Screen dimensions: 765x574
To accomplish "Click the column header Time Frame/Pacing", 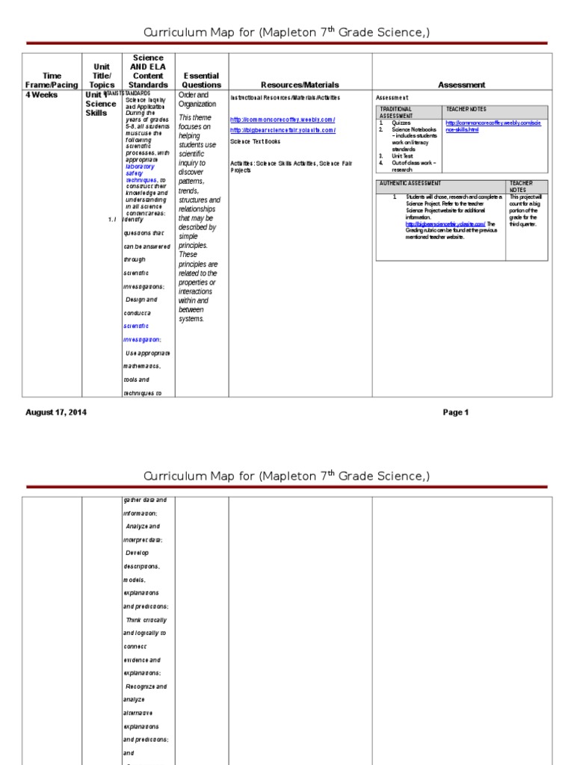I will click(x=52, y=80).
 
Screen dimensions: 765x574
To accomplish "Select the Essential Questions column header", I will click(x=202, y=80).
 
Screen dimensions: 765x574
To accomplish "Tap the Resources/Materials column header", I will click(x=300, y=85).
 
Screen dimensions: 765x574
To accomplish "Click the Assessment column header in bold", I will click(x=462, y=85).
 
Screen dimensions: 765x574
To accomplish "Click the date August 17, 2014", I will click(x=56, y=412).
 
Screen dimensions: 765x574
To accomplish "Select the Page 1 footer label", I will click(x=455, y=412).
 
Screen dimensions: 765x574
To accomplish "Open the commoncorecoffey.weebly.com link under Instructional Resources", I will click(x=283, y=120).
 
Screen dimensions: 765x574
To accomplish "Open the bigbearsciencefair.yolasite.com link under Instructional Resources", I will click(x=283, y=130).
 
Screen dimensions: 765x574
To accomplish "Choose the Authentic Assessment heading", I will click(x=410, y=183).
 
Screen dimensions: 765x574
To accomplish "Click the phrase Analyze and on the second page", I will click(x=143, y=527).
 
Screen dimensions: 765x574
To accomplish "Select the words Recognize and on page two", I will click(x=146, y=686).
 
